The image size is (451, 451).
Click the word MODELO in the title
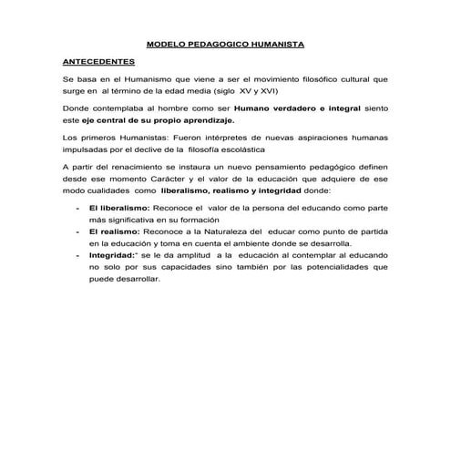(x=167, y=43)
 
